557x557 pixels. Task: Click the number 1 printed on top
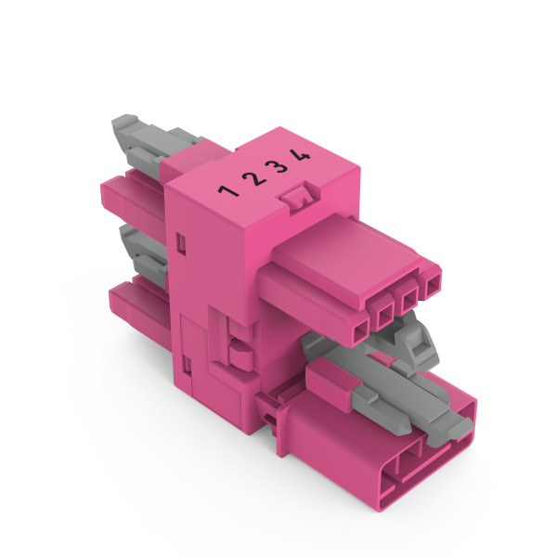(x=226, y=191)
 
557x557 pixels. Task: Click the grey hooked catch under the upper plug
(x=422, y=349)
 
